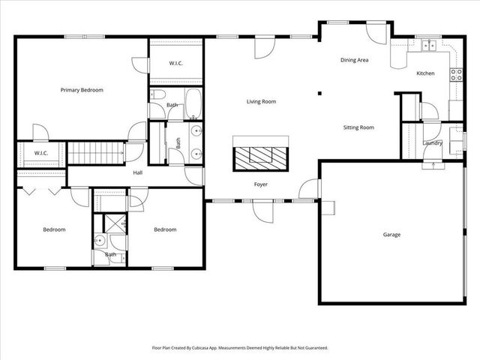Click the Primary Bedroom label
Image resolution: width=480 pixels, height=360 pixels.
pyautogui.click(x=82, y=90)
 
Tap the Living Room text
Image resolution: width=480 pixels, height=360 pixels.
pyautogui.click(x=262, y=101)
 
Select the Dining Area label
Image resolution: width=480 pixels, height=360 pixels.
pyautogui.click(x=354, y=60)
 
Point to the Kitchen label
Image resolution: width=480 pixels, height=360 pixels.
pyautogui.click(x=425, y=73)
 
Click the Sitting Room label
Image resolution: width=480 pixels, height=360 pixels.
pyautogui.click(x=358, y=127)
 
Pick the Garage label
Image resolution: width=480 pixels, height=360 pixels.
pyautogui.click(x=391, y=235)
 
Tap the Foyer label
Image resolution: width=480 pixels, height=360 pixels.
pyautogui.click(x=260, y=184)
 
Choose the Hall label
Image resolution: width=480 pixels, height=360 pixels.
pyautogui.click(x=138, y=172)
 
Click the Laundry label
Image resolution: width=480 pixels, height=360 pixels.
pyautogui.click(x=432, y=142)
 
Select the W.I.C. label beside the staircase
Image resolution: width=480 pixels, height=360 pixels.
pyautogui.click(x=40, y=154)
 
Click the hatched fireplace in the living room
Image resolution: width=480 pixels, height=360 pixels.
pyautogui.click(x=261, y=157)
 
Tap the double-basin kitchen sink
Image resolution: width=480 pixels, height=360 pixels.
pyautogui.click(x=429, y=46)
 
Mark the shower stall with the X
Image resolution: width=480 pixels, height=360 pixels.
pyautogui.click(x=115, y=222)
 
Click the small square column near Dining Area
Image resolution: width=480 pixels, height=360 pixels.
pyautogui.click(x=319, y=94)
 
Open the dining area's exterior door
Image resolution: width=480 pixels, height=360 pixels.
pyautogui.click(x=373, y=34)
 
